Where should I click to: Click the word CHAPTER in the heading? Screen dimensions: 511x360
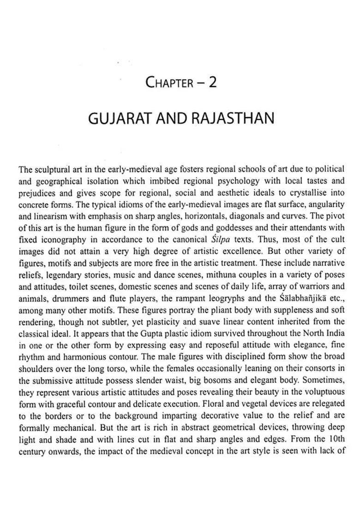click(x=169, y=83)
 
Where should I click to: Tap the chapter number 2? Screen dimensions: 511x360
click(x=212, y=82)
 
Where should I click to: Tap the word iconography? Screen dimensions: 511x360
click(x=62, y=240)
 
